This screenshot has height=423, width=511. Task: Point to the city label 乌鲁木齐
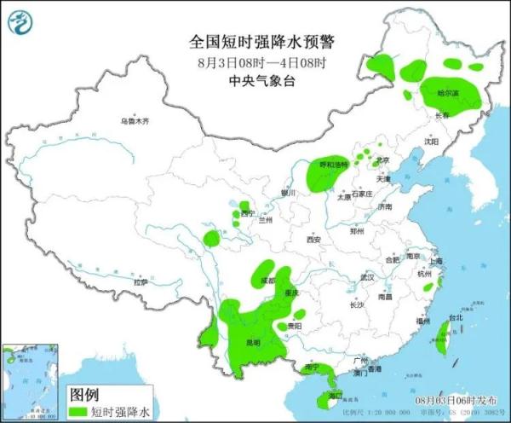(x=134, y=122)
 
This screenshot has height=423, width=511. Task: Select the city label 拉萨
(x=140, y=281)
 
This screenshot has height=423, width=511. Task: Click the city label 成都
(x=269, y=280)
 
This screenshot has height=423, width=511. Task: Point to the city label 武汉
(x=367, y=277)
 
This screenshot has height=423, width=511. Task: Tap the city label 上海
(x=436, y=261)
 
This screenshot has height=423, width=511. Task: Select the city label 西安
(x=313, y=240)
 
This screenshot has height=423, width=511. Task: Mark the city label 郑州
(x=357, y=231)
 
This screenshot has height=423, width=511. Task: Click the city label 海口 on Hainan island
(x=336, y=395)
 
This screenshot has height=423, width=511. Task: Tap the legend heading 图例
(x=84, y=394)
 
